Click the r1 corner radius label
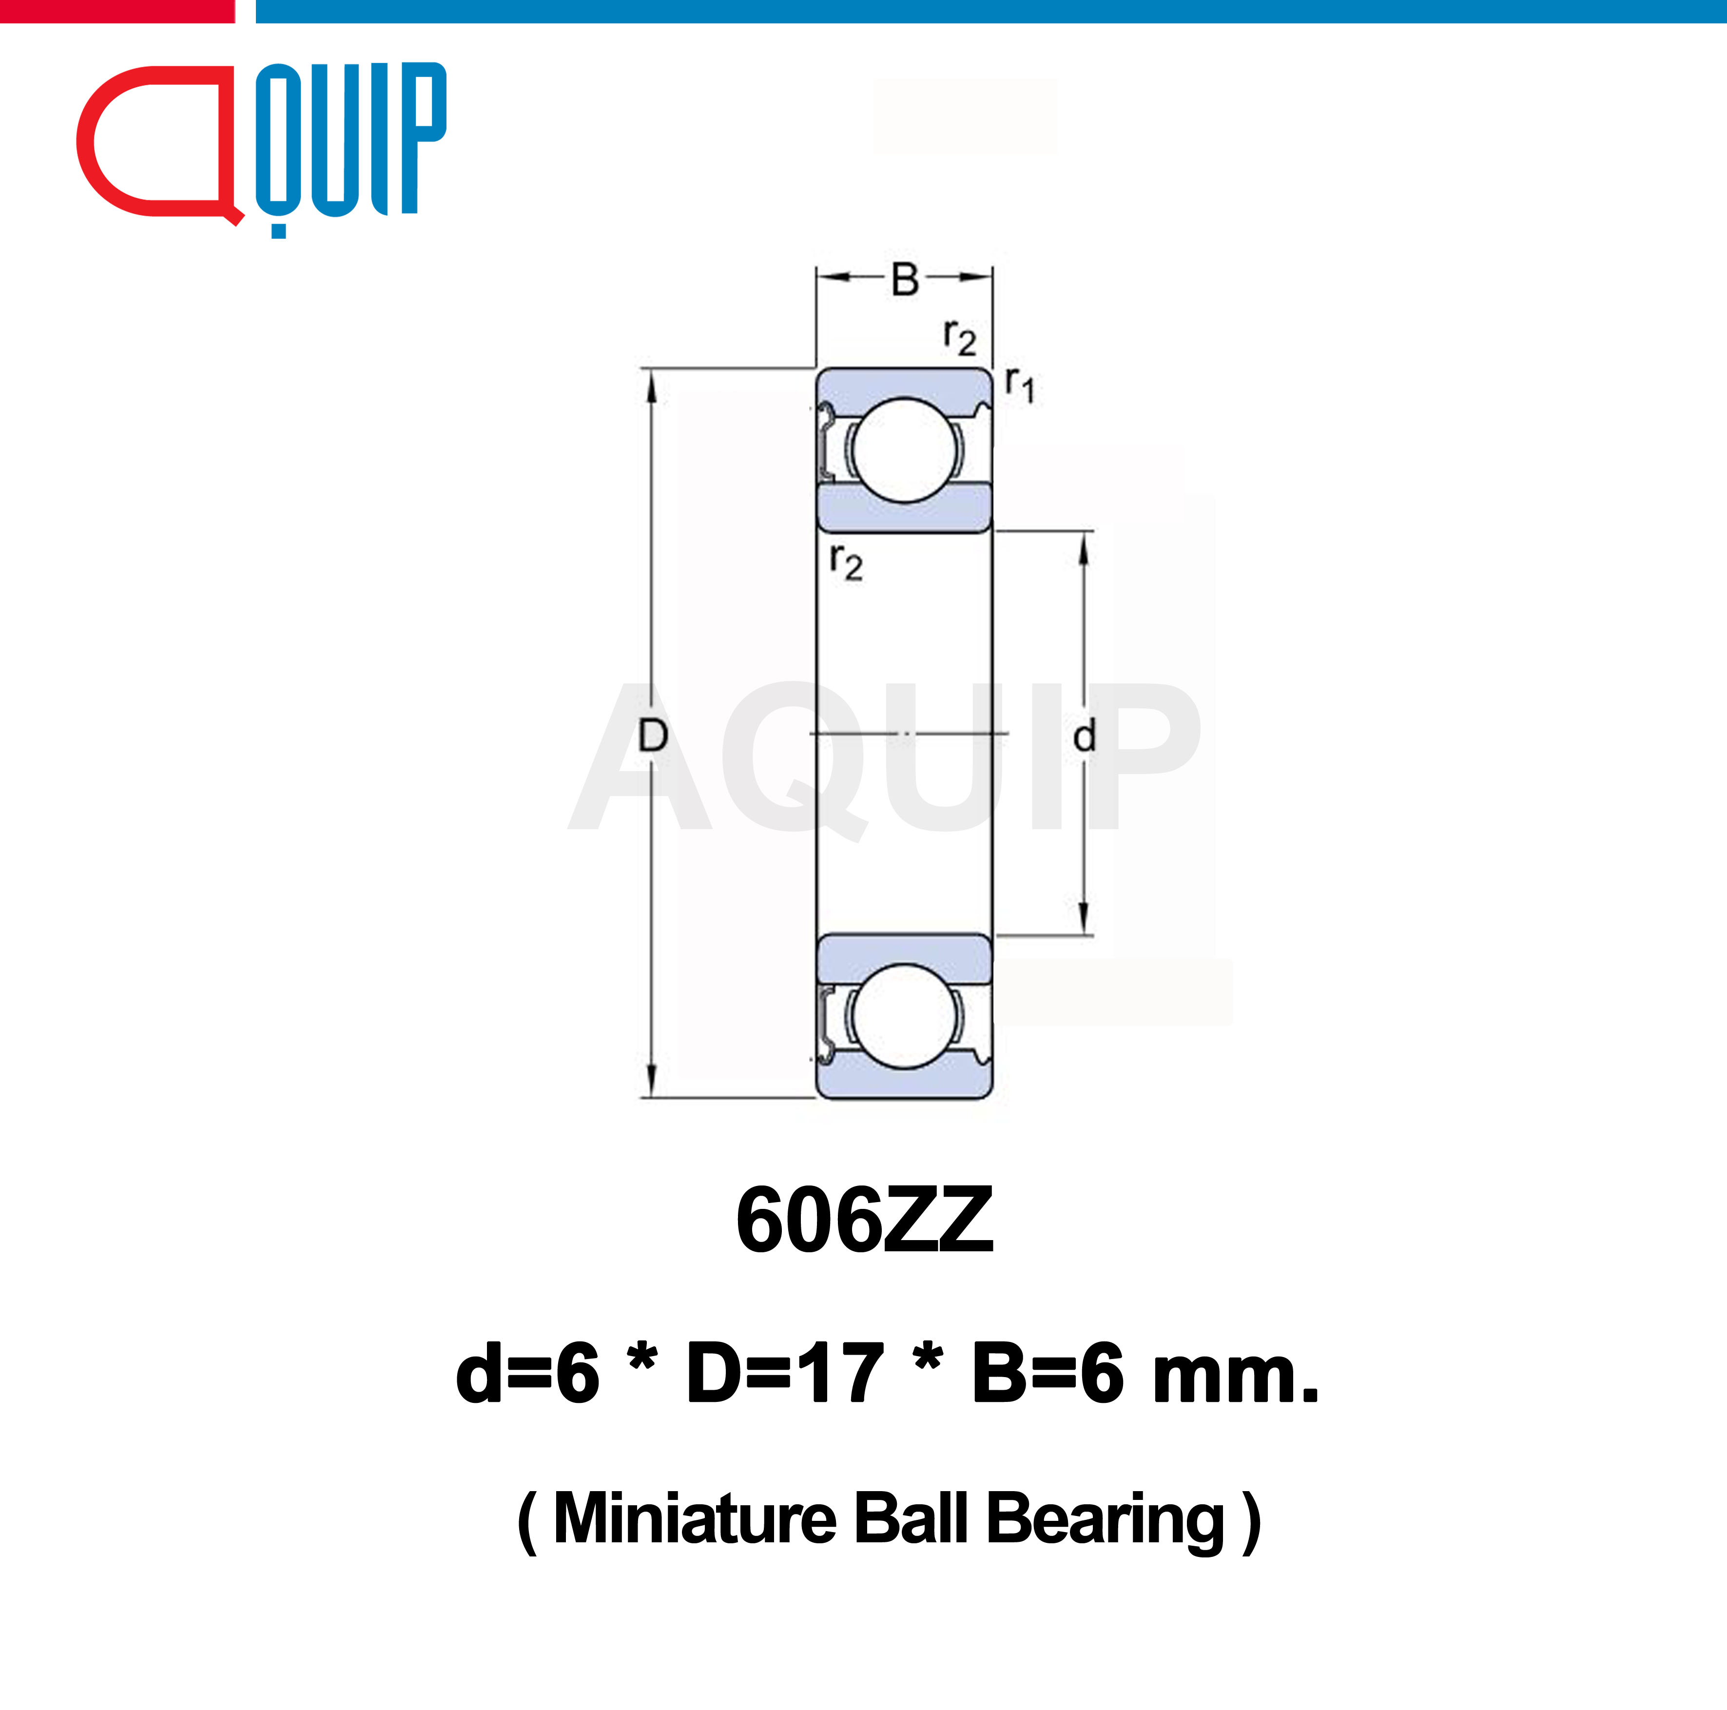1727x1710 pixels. coord(1019,385)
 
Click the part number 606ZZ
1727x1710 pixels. coord(864,1221)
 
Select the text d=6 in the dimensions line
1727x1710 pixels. coord(527,1374)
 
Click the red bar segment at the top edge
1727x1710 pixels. coord(116,11)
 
